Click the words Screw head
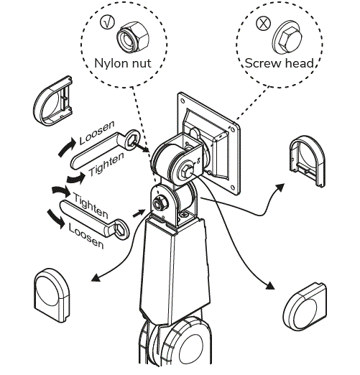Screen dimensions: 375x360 [x=279, y=63]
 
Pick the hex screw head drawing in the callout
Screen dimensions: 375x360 [x=285, y=36]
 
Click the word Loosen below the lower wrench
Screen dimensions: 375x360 [x=86, y=236]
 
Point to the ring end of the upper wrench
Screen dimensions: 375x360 [x=133, y=139]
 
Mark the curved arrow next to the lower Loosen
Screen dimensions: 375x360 [x=58, y=218]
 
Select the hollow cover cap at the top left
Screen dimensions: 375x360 [x=55, y=103]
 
